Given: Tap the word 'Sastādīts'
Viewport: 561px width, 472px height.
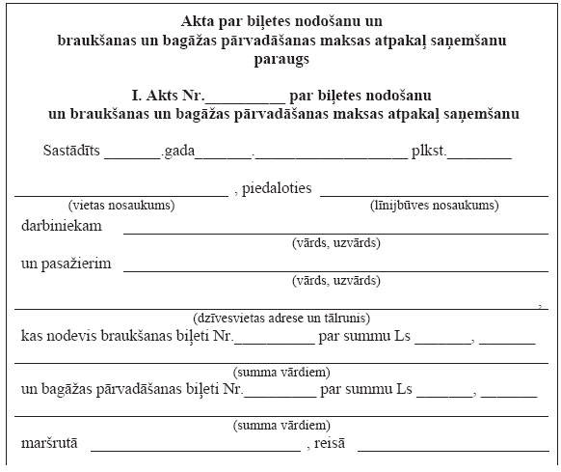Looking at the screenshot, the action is [x=71, y=153].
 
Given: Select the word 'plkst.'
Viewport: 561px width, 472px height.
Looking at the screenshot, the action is [x=428, y=153].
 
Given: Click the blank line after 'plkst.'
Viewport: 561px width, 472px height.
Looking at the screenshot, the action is [x=480, y=156].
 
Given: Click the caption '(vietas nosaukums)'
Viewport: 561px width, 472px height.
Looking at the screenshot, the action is [x=120, y=206].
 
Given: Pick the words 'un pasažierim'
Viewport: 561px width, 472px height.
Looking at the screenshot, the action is [x=66, y=264].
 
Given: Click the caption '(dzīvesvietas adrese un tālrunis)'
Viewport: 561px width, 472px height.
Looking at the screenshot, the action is [x=281, y=318].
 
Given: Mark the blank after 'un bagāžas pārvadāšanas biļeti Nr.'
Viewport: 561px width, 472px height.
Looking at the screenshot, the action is [x=280, y=396].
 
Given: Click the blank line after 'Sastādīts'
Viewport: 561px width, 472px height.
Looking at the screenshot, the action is [x=132, y=156].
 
